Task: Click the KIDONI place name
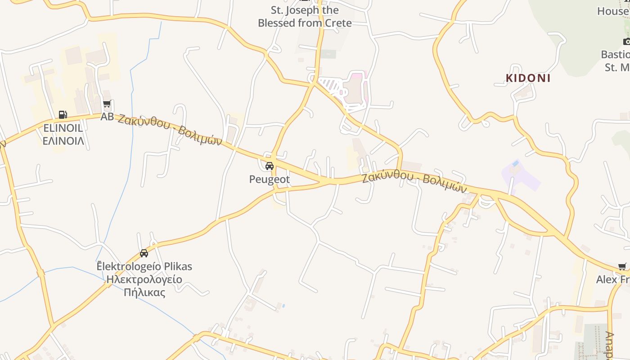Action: tap(528, 78)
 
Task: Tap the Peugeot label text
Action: tap(270, 179)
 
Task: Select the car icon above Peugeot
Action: tap(270, 166)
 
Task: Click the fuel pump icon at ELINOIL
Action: tap(63, 115)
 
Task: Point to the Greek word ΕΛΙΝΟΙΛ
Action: tap(63, 140)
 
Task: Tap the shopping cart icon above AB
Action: tap(107, 105)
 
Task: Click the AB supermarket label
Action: tap(107, 117)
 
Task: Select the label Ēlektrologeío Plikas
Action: tap(144, 266)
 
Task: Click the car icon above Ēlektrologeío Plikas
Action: tap(144, 253)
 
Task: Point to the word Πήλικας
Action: tap(144, 292)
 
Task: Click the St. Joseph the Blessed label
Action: tap(305, 10)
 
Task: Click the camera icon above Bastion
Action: tap(626, 41)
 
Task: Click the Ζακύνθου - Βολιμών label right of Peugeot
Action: tap(414, 182)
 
